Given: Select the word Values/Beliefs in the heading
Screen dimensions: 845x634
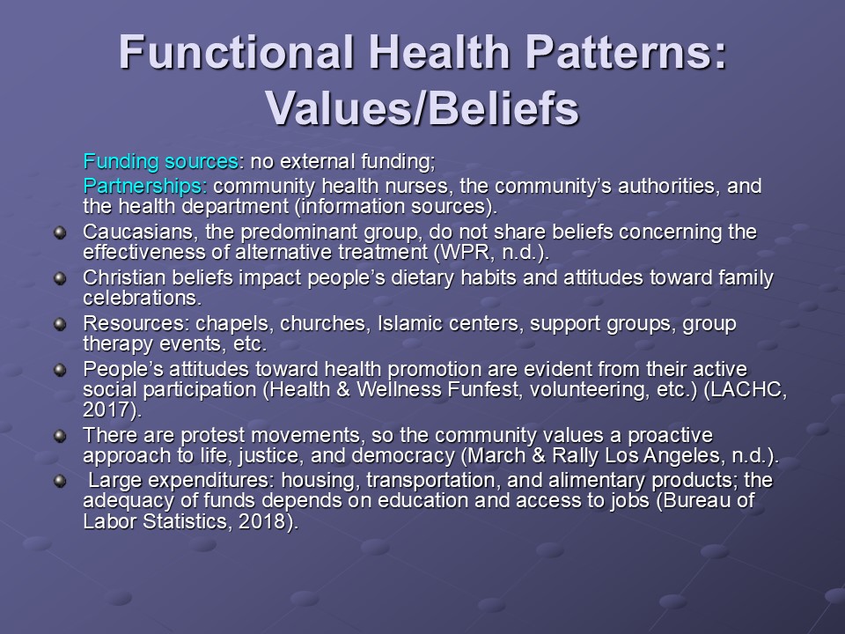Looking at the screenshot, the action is pyautogui.click(x=422, y=107).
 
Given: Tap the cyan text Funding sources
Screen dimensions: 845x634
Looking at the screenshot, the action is pyautogui.click(x=160, y=161).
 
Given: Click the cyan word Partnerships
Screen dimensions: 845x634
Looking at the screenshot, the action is pyautogui.click(x=145, y=186).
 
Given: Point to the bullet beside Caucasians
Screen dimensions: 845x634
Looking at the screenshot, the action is pyautogui.click(x=60, y=232).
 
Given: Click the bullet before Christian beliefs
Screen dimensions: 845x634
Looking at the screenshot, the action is pyautogui.click(x=60, y=279).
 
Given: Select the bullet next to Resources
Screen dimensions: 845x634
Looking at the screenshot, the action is pyautogui.click(x=60, y=325).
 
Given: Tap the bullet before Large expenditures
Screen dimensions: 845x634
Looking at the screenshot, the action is pyautogui.click(x=60, y=481).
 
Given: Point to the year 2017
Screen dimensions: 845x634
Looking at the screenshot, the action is pyautogui.click(x=107, y=409).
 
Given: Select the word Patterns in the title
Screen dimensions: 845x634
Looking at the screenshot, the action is pyautogui.click(x=626, y=52).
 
